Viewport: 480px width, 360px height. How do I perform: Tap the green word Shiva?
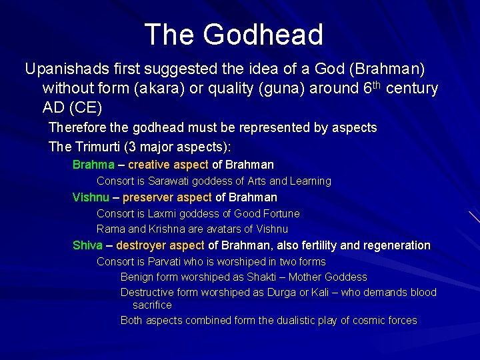[87, 245]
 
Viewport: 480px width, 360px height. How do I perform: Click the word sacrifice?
[152, 305]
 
